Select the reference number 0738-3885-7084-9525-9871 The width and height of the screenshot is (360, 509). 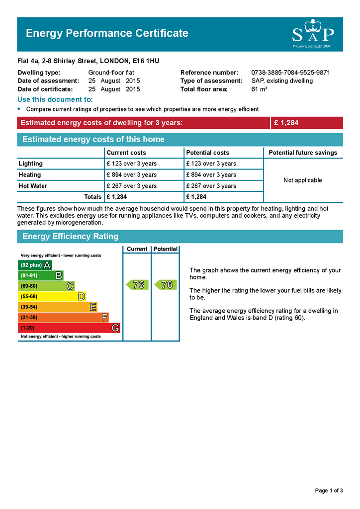(x=290, y=73)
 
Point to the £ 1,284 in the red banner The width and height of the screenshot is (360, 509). (x=286, y=123)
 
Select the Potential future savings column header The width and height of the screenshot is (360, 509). (x=303, y=153)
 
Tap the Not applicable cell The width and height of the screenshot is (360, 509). (x=303, y=180)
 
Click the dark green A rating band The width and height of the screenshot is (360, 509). (x=35, y=265)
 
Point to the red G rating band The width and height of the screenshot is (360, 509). (x=69, y=328)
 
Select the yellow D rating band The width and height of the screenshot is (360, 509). (x=52, y=297)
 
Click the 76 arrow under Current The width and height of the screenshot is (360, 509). (x=137, y=285)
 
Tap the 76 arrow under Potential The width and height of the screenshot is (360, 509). (x=166, y=285)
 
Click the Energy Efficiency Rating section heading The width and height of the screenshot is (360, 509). (x=70, y=237)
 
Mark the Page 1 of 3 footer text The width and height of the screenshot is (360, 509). (x=329, y=491)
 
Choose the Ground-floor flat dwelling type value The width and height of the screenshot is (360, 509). (x=111, y=73)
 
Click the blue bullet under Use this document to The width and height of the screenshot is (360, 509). (x=19, y=109)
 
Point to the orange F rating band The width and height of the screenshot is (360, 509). (x=63, y=318)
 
